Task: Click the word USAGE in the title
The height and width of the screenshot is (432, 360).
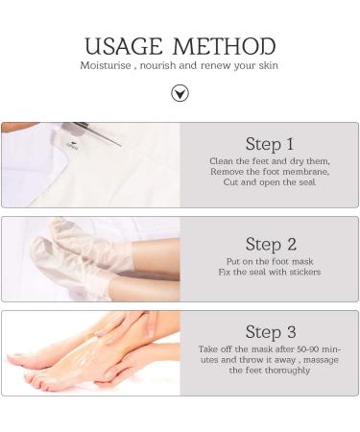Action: click(124, 46)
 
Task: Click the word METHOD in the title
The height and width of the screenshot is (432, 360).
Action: click(224, 46)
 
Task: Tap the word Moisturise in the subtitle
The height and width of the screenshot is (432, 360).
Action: click(106, 65)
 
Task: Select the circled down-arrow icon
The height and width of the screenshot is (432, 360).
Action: click(180, 93)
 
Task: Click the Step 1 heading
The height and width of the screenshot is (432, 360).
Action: click(270, 144)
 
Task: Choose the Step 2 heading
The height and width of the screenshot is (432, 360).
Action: click(271, 244)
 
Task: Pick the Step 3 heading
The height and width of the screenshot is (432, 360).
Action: click(271, 331)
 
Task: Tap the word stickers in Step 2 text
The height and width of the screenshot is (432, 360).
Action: click(304, 272)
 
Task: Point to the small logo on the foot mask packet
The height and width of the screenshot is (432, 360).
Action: click(72, 145)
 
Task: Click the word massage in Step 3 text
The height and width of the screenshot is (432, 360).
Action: click(321, 360)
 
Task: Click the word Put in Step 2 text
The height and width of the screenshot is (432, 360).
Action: click(232, 261)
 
